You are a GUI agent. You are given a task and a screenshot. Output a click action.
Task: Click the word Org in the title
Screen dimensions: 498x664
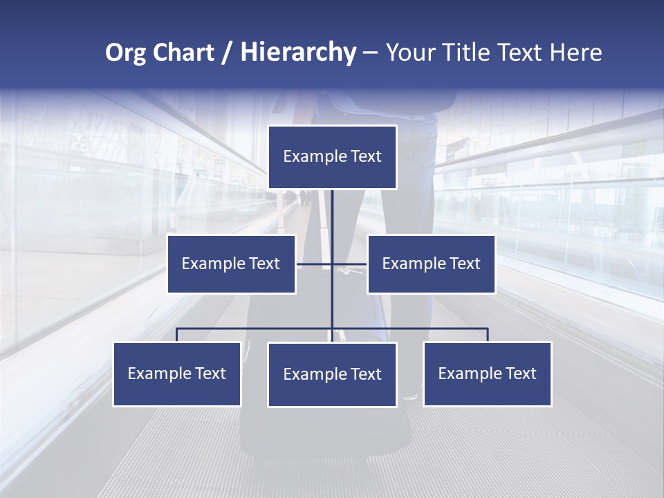(x=125, y=53)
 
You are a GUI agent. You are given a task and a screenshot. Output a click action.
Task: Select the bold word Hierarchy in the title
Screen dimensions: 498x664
(x=298, y=53)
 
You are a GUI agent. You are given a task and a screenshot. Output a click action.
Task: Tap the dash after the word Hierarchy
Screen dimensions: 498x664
(x=370, y=53)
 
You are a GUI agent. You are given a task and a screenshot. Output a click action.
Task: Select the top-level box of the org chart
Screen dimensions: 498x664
(x=332, y=157)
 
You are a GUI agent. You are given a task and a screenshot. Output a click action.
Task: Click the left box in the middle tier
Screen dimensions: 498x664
(x=231, y=264)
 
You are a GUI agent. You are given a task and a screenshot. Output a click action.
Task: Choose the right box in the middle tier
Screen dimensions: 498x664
(x=431, y=264)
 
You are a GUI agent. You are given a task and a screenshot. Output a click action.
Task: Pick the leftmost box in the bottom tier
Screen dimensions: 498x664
(x=177, y=373)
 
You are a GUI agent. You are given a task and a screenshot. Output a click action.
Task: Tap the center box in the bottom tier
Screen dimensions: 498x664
(x=332, y=374)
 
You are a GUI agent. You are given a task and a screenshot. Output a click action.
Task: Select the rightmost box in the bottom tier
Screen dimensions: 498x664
(x=487, y=373)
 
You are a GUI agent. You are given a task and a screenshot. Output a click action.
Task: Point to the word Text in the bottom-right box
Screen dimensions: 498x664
(x=520, y=373)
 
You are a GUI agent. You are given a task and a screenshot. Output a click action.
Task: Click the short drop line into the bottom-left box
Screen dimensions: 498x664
(x=177, y=335)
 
